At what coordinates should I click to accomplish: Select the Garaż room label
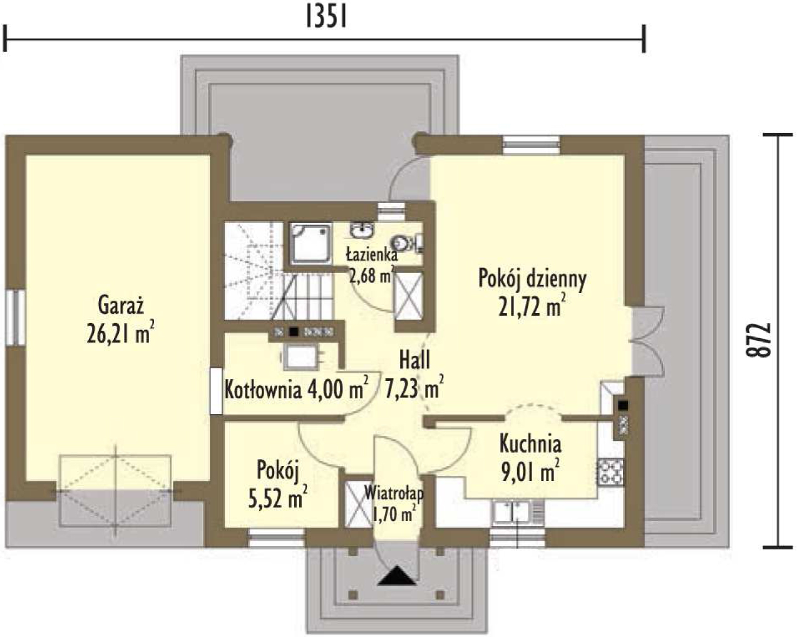point(121,307)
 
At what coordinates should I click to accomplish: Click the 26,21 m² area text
point(120,333)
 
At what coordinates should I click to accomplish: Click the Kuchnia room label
point(530,443)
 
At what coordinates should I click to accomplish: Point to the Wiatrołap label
point(394,492)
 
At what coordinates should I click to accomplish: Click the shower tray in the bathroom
point(311,243)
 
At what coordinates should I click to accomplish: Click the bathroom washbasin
point(361,230)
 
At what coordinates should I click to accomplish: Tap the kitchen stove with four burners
point(610,472)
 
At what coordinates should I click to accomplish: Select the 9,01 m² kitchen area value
point(530,471)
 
